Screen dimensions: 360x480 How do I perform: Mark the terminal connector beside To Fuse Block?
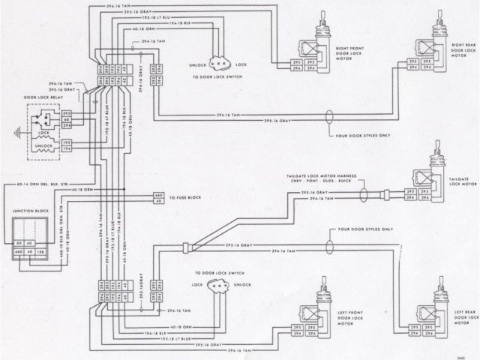[x=158, y=199]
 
